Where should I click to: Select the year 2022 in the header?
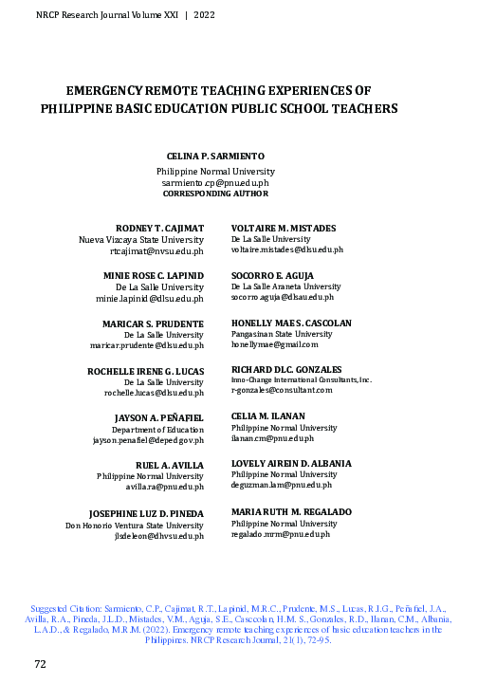click(x=206, y=16)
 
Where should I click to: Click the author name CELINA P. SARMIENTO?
click(x=214, y=156)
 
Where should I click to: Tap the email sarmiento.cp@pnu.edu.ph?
click(x=214, y=181)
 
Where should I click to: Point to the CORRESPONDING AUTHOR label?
click(x=214, y=193)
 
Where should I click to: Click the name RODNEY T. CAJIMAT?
click(x=159, y=229)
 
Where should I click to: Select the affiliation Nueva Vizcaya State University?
click(x=141, y=241)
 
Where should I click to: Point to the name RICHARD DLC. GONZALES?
click(x=286, y=368)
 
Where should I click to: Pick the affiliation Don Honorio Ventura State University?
click(x=134, y=525)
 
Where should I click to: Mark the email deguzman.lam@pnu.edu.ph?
click(x=281, y=485)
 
